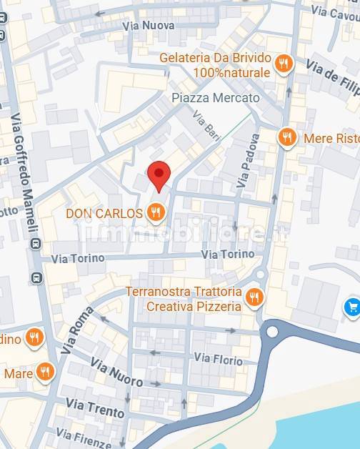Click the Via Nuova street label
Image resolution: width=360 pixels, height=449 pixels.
pos(148,26)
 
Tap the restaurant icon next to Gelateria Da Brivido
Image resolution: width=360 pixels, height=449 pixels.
pos(284,64)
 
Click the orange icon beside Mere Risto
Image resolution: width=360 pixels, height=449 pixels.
pos(287,137)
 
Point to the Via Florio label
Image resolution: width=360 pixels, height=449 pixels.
pos(219,358)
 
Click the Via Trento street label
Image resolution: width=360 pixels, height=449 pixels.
pos(95,408)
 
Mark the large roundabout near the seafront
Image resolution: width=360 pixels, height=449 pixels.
pos(271,332)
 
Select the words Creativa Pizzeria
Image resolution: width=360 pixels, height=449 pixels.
pos(194,306)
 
